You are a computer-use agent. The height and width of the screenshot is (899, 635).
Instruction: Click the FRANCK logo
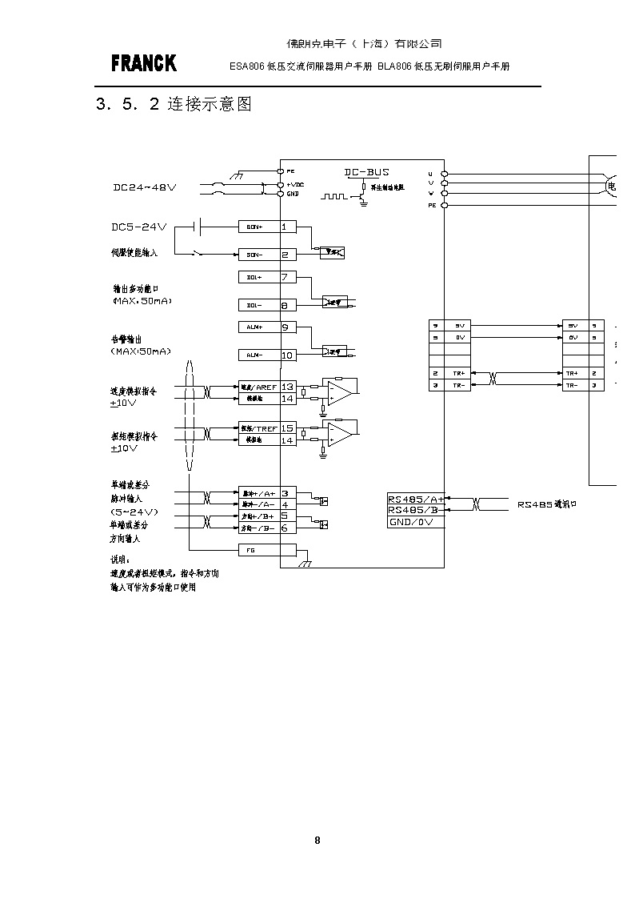point(144,63)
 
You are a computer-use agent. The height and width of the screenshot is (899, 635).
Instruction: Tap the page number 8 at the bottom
point(317,840)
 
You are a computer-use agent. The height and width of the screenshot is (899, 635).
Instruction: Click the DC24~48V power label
point(144,187)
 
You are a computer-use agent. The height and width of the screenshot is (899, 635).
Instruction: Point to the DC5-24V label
point(138,227)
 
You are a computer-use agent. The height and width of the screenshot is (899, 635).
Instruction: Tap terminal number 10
point(288,355)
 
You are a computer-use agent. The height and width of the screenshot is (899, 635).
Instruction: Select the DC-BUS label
point(367,172)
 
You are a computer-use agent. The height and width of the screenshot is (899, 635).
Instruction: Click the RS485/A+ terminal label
point(415,498)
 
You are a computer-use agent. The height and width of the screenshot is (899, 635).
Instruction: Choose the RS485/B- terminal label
point(415,510)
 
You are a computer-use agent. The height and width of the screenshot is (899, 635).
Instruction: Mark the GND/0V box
point(415,521)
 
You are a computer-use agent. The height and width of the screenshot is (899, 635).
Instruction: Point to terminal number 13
point(288,387)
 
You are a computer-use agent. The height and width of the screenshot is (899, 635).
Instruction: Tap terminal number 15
point(288,428)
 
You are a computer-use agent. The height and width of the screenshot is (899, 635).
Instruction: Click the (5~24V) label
point(134,511)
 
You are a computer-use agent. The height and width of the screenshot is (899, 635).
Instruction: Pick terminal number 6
point(284,528)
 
